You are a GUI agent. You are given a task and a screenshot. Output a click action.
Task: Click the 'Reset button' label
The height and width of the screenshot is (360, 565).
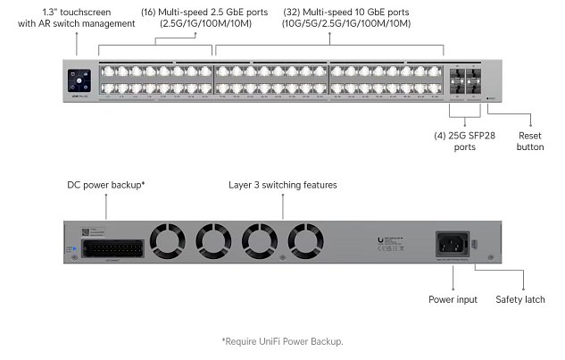pyautogui.click(x=529, y=141)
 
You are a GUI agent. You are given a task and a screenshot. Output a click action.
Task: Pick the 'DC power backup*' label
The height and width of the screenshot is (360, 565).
pyautogui.click(x=106, y=185)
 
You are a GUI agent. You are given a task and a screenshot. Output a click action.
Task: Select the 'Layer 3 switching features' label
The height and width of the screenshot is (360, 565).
pyautogui.click(x=283, y=185)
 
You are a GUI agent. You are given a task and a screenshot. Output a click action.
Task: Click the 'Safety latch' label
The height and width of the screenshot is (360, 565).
pyautogui.click(x=519, y=299)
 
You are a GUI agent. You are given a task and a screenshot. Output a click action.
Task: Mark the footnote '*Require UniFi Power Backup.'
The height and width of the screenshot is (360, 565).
pyautogui.click(x=282, y=341)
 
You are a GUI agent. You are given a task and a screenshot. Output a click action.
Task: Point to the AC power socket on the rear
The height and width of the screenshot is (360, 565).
pyautogui.click(x=451, y=243)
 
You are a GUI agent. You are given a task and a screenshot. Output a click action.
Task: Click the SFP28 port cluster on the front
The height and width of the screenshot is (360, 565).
pyautogui.click(x=463, y=79)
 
